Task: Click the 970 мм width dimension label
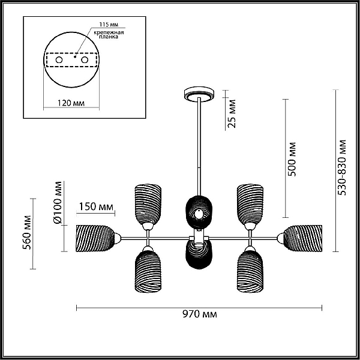click(x=200, y=314)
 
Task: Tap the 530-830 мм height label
click(x=342, y=167)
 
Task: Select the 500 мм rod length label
click(x=292, y=159)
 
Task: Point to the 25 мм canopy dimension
click(x=232, y=113)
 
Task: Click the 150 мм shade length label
click(x=96, y=206)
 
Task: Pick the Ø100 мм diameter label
click(x=58, y=203)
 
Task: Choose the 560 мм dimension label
click(x=26, y=232)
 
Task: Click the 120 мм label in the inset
click(x=71, y=103)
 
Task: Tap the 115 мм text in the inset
click(x=109, y=25)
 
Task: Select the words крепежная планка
click(x=109, y=34)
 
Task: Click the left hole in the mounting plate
click(x=59, y=60)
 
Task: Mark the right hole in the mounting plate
click(x=85, y=60)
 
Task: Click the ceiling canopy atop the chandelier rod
click(x=199, y=94)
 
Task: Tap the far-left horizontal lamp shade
click(x=95, y=238)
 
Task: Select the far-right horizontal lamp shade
click(x=303, y=238)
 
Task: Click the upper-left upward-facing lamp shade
click(x=148, y=204)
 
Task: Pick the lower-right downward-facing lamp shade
click(x=250, y=272)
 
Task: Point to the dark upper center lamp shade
click(x=199, y=212)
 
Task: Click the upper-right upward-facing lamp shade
click(x=250, y=204)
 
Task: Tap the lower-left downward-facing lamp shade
click(x=148, y=272)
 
